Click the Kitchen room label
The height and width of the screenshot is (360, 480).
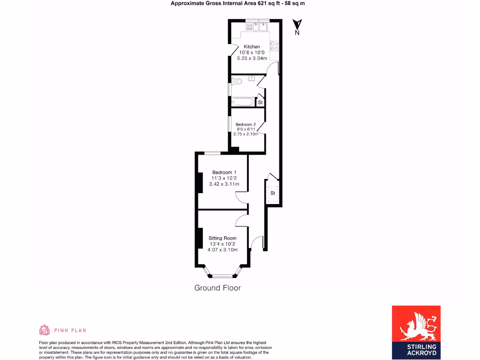coord(252,47)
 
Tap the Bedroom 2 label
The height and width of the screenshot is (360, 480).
coord(246,124)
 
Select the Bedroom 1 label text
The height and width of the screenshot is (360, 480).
coord(224,172)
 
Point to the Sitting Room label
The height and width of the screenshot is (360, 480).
coord(223,238)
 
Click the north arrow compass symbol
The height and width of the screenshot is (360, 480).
coord(297,25)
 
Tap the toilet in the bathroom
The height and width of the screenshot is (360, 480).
coord(237,82)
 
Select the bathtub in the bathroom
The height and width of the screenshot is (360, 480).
coord(242,102)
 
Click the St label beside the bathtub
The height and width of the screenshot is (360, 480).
coord(261,102)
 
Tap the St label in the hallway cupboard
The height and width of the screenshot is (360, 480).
coord(272,193)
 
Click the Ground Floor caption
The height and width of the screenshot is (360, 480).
coord(217,288)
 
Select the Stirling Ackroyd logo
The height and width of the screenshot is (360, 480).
coord(416,333)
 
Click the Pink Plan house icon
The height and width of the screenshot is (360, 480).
coord(44,330)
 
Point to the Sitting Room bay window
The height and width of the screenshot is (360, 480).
coord(223,274)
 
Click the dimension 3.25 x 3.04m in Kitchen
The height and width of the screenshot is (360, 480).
coord(252,59)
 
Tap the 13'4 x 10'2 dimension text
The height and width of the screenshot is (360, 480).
coord(223,244)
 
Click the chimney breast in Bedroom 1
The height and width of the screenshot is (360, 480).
coord(200,182)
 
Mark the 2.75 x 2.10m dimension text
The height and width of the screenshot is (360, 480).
coord(246,134)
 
